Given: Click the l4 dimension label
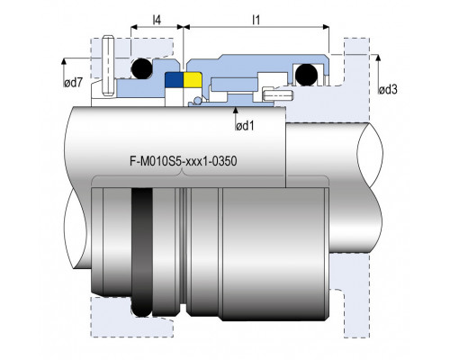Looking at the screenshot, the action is click(157, 20).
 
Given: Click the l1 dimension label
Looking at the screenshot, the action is click(256, 20).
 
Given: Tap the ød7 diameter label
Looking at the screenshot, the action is click(73, 83).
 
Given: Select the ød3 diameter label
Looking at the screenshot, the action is click(388, 89).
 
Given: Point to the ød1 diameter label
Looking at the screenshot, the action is click(245, 126).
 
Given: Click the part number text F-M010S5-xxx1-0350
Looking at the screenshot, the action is click(183, 161).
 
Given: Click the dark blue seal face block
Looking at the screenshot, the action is click(174, 80).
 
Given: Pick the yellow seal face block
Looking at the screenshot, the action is click(193, 79).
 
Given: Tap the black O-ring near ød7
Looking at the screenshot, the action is click(141, 68).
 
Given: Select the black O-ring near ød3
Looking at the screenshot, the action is click(306, 75).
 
